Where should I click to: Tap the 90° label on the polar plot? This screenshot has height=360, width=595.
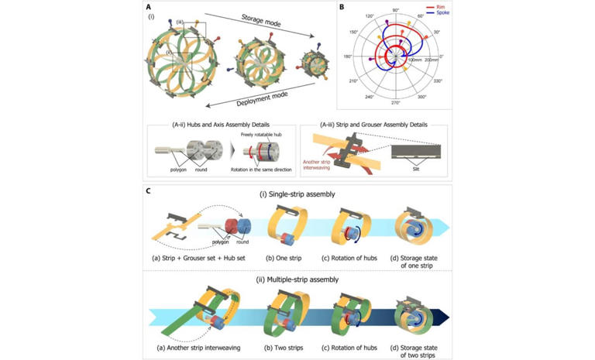click(x=396, y=10)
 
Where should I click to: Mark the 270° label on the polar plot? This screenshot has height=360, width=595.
click(x=395, y=103)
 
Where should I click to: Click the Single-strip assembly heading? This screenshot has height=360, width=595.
click(x=297, y=194)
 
